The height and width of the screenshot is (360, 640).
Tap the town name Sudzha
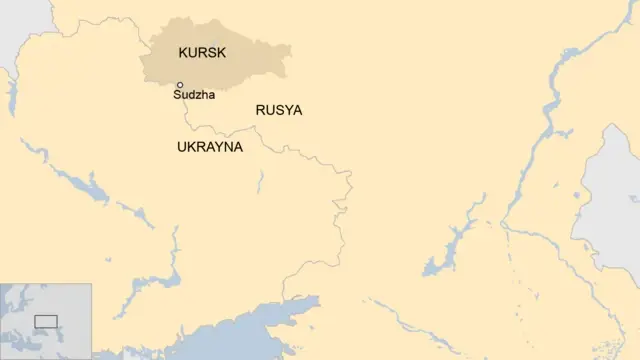194,96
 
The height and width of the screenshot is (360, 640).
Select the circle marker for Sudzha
180,85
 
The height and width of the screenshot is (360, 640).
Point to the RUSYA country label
279,111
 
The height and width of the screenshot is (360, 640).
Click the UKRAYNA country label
210,147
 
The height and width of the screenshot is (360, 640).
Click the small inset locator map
46,320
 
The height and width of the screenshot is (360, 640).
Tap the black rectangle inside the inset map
46,321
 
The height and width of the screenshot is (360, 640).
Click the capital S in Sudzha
177,96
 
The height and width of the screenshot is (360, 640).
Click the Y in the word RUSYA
287,111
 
